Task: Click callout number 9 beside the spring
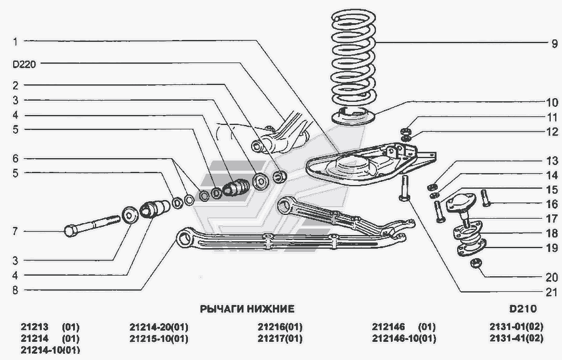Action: click(555, 44)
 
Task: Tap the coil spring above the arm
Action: click(353, 57)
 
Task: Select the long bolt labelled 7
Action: click(92, 225)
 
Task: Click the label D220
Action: click(24, 64)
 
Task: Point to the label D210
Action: click(523, 308)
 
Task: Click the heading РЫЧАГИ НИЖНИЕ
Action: click(247, 308)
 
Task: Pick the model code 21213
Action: click(34, 327)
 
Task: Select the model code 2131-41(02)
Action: click(516, 338)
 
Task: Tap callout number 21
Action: click(551, 292)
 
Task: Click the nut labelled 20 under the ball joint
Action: click(475, 263)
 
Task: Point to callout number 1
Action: click(15, 42)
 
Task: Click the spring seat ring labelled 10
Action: click(353, 116)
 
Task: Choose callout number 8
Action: click(15, 290)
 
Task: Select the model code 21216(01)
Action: click(280, 327)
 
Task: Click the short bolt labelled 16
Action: click(486, 197)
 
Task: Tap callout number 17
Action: click(551, 218)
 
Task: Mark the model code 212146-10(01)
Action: click(404, 338)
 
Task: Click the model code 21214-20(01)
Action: click(159, 327)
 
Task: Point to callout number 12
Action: click(552, 132)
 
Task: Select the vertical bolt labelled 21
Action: click(404, 188)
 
